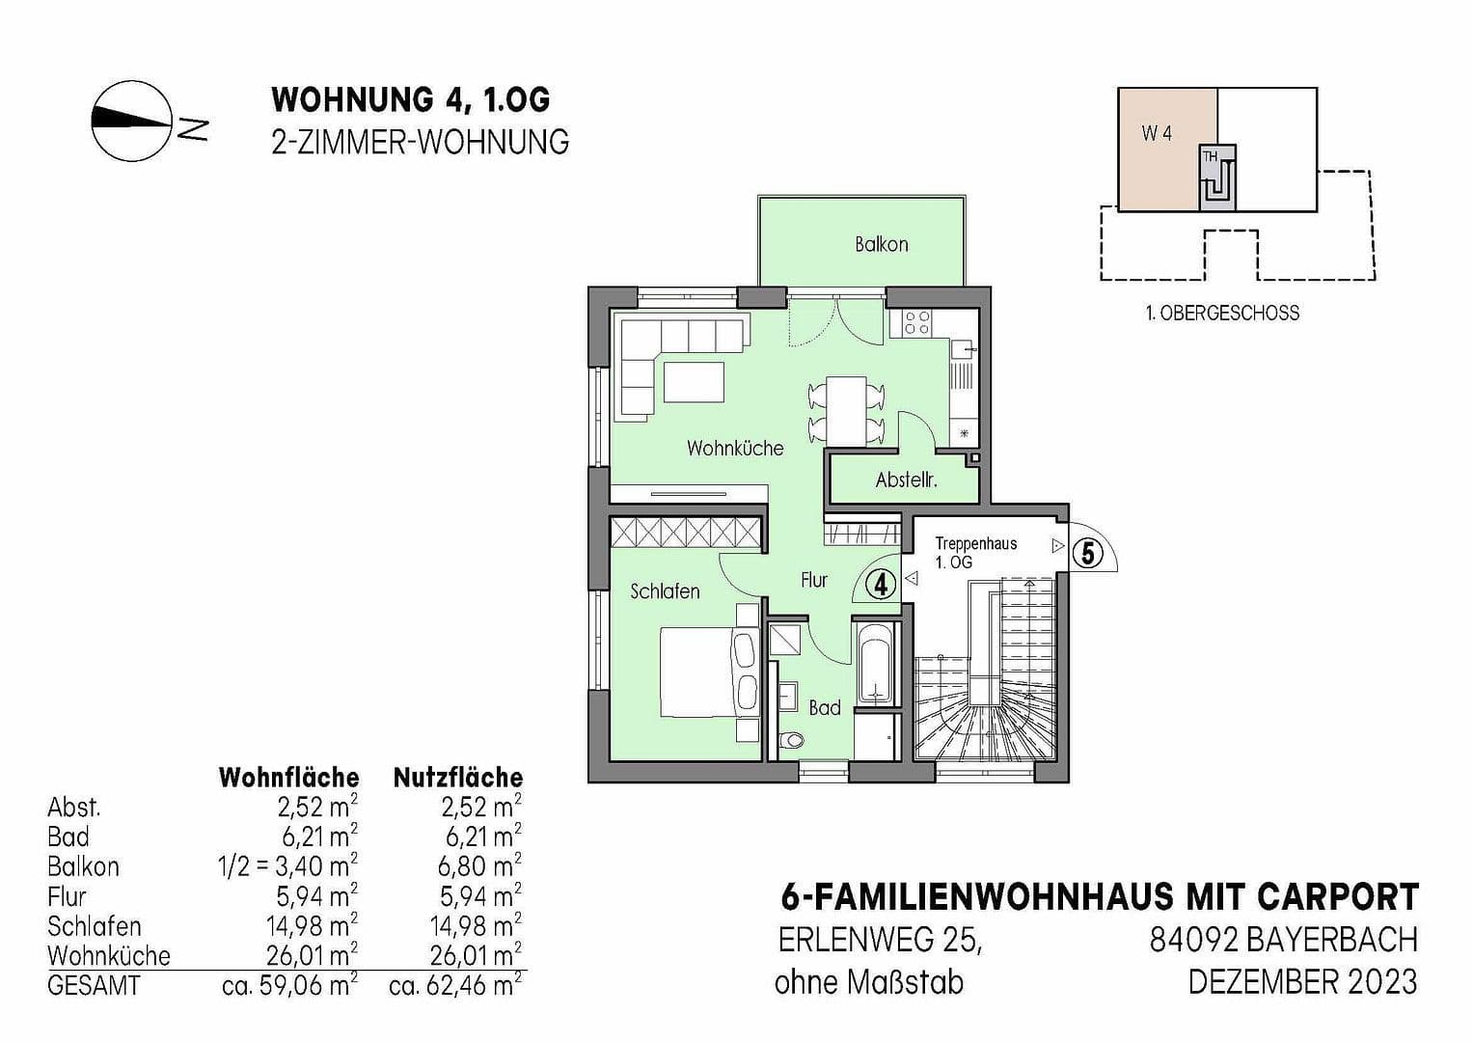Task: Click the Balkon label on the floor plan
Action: (x=881, y=245)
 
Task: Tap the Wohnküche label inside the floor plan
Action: (x=735, y=448)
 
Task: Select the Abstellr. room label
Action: (x=906, y=480)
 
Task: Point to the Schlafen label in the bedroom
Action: (x=665, y=590)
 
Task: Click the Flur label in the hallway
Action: (x=814, y=580)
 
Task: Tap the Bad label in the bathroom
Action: (x=825, y=708)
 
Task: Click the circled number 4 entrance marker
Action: (x=881, y=584)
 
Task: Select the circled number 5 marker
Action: (x=1088, y=553)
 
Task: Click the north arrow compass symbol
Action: (x=131, y=121)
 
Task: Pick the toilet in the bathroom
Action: (x=791, y=740)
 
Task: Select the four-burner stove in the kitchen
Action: (x=916, y=322)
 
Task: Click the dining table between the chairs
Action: (x=846, y=411)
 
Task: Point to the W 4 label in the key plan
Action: (x=1157, y=133)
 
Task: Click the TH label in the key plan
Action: (x=1210, y=157)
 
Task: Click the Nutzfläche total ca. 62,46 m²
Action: (x=455, y=985)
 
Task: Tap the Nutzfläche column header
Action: (x=458, y=778)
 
